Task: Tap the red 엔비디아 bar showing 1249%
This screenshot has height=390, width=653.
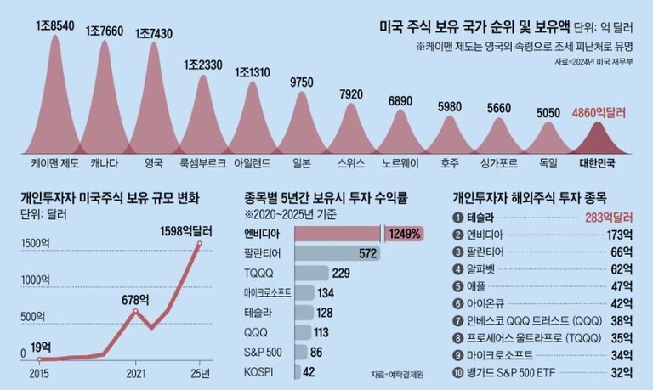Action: coord(338,233)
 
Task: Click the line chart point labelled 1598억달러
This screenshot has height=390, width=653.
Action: coord(199,244)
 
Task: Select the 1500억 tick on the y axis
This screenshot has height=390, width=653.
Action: coord(37,243)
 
